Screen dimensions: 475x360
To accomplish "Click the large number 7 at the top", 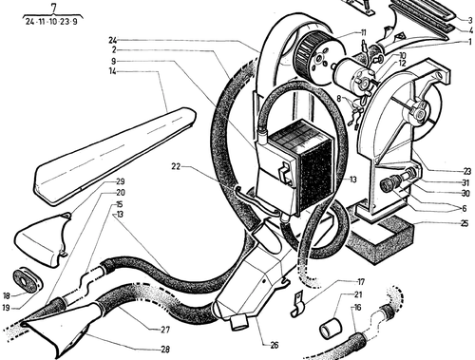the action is tap(53, 8).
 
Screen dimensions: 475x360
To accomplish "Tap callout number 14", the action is tap(112, 71).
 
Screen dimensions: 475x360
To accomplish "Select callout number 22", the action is tap(176, 166).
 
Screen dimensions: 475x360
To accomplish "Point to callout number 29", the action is tap(120, 181).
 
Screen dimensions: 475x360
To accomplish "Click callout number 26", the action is tap(275, 345).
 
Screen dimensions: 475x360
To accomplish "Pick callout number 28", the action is tap(165, 350).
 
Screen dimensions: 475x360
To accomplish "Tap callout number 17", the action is tap(361, 281).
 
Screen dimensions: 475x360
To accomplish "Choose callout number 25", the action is tap(465, 223).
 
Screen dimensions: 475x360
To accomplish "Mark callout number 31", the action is tap(465, 182).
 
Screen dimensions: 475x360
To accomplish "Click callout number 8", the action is tap(339, 99).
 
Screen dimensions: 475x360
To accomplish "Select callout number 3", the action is tap(470, 20).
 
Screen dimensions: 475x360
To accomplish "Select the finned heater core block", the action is tap(303, 168).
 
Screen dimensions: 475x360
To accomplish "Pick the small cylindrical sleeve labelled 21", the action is tap(330, 328).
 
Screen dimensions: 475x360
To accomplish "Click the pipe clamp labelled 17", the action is tap(297, 305).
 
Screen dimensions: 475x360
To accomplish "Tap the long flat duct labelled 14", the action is tap(114, 155).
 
